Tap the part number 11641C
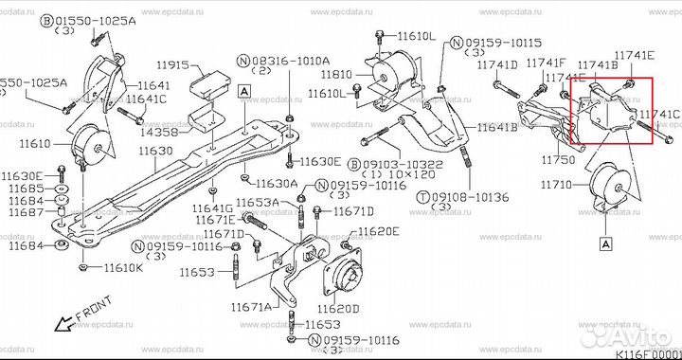point(146,99)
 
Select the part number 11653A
point(257,202)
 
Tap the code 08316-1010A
point(293,60)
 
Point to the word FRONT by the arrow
point(95,311)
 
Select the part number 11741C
point(659,115)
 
